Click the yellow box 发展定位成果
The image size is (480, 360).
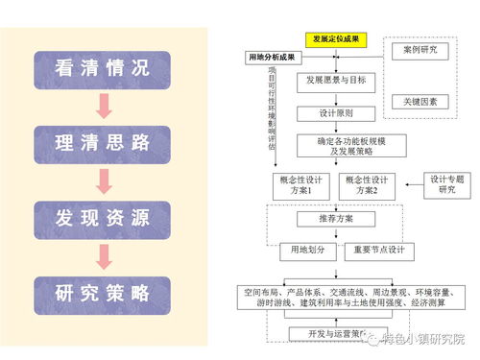tap(336, 39)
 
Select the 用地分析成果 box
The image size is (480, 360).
tap(275, 59)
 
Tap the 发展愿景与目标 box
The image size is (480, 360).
tap(336, 81)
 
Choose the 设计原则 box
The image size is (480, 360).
tap(336, 112)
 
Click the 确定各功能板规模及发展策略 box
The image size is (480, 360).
tap(337, 146)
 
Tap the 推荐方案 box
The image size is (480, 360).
tap(336, 219)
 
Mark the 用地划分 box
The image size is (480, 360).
tap(302, 252)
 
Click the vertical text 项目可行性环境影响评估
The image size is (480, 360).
tap(272, 110)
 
